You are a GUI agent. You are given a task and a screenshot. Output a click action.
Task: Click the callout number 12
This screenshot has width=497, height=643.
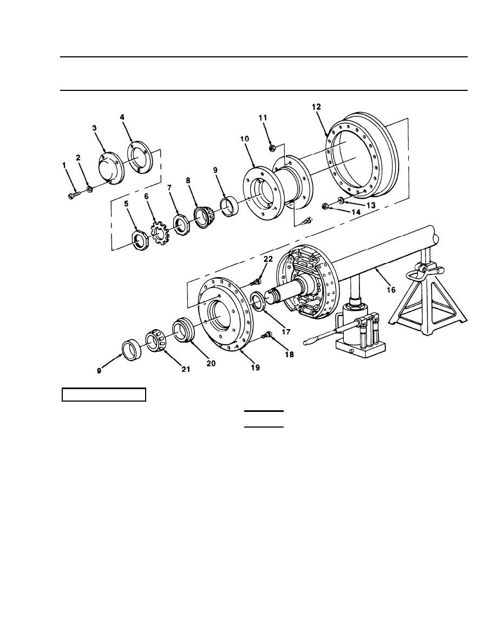pyautogui.click(x=316, y=107)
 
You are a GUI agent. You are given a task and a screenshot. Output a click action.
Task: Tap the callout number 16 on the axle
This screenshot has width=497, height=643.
pyautogui.click(x=391, y=290)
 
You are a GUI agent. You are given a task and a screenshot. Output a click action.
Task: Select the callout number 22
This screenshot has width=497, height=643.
pyautogui.click(x=268, y=259)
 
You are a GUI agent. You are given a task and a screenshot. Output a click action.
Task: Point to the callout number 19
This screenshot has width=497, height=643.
pyautogui.click(x=255, y=368)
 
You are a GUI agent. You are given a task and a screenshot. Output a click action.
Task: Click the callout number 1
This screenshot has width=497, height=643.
pyautogui.click(x=64, y=165)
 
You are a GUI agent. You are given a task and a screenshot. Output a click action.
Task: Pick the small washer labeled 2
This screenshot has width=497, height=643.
pyautogui.click(x=89, y=190)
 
